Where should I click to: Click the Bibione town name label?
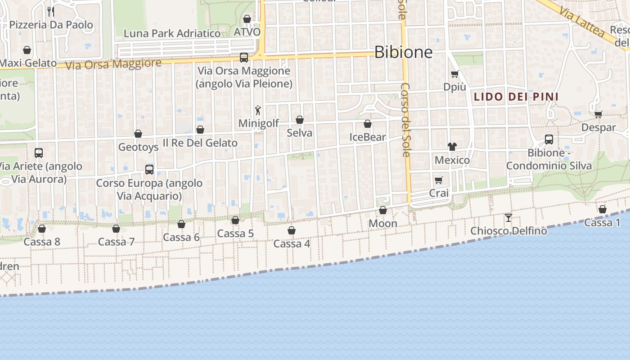pyautogui.click(x=403, y=52)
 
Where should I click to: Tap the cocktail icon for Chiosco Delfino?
pyautogui.click(x=508, y=218)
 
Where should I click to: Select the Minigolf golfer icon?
pyautogui.click(x=258, y=110)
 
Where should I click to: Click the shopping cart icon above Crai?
pyautogui.click(x=439, y=180)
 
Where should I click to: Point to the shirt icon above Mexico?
pyautogui.click(x=452, y=147)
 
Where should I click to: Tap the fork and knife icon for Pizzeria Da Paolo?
pyautogui.click(x=51, y=11)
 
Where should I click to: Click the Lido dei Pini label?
pyautogui.click(x=516, y=96)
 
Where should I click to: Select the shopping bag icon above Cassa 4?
pyautogui.click(x=292, y=231)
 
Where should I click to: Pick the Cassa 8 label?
pyautogui.click(x=42, y=242)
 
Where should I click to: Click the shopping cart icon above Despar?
pyautogui.click(x=598, y=114)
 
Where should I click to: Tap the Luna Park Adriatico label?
pyautogui.click(x=172, y=33)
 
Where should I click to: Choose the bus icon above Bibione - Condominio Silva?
pyautogui.click(x=549, y=139)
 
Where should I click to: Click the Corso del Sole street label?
pyautogui.click(x=405, y=120)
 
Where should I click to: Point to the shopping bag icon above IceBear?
pyautogui.click(x=368, y=124)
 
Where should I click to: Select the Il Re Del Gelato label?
pyautogui.click(x=200, y=143)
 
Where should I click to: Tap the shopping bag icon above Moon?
pyautogui.click(x=383, y=210)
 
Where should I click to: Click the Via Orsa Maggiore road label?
pyautogui.click(x=113, y=64)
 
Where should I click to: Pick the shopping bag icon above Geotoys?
pyautogui.click(x=138, y=134)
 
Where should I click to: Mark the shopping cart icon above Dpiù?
pyautogui.click(x=454, y=74)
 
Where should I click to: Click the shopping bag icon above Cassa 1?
pyautogui.click(x=603, y=209)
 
